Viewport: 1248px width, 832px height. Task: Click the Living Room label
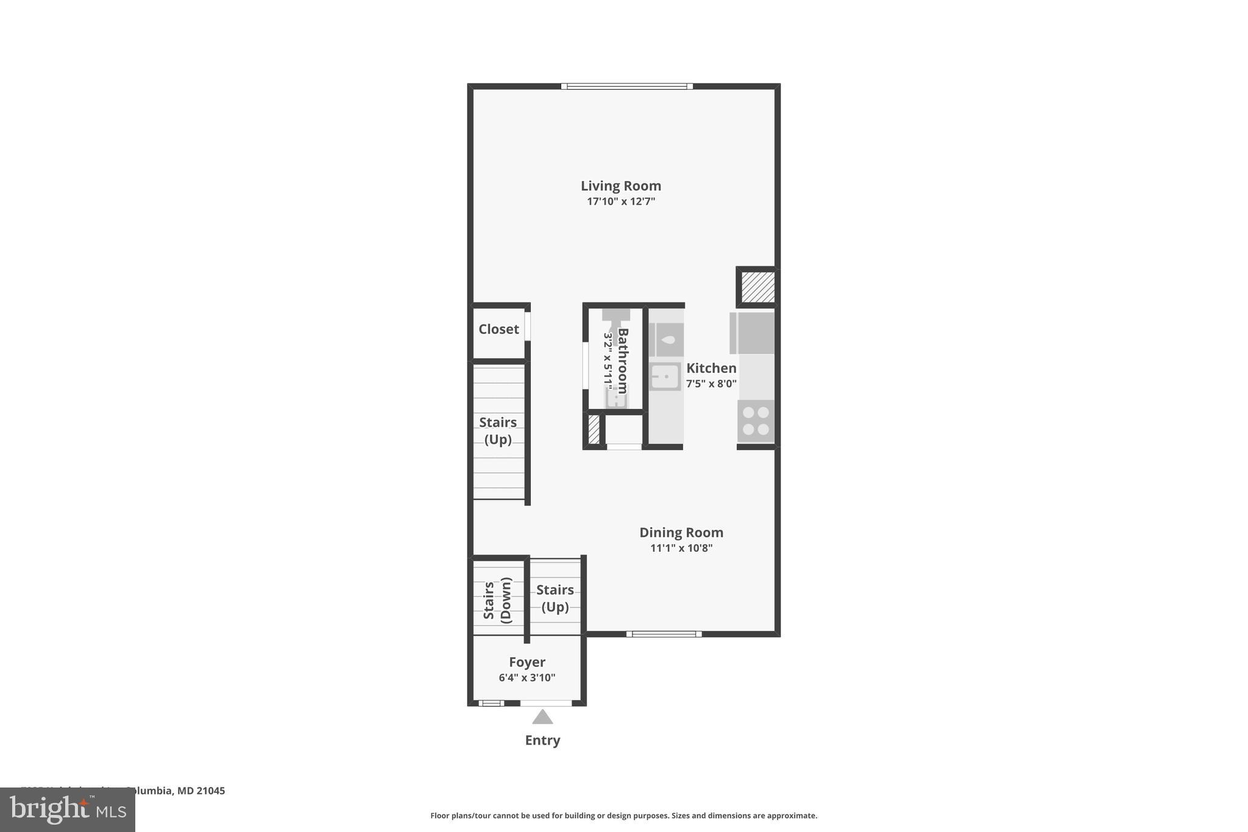tap(620, 186)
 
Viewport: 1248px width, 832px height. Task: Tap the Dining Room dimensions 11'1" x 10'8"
tap(681, 548)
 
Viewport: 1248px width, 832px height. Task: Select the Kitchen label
tap(711, 368)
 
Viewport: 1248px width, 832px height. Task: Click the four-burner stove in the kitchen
tap(756, 421)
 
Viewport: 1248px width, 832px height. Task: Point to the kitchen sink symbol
tap(665, 377)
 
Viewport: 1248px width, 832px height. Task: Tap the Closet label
tap(498, 329)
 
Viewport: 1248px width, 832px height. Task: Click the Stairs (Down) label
tap(497, 600)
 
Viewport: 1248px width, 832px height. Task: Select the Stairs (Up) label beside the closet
tap(498, 430)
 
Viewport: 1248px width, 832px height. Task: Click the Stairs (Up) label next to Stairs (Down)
tap(555, 598)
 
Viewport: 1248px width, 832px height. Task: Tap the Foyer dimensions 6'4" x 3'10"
tap(526, 678)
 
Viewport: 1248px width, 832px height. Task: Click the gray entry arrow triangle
tap(542, 717)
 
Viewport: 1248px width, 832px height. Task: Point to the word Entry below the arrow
tap(542, 740)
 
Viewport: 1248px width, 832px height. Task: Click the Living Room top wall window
tap(626, 87)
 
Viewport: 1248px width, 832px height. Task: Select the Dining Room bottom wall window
tap(664, 634)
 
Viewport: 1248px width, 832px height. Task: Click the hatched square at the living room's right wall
tap(758, 287)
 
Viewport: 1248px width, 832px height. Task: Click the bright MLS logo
tap(67, 809)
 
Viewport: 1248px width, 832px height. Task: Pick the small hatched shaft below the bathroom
tap(594, 429)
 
